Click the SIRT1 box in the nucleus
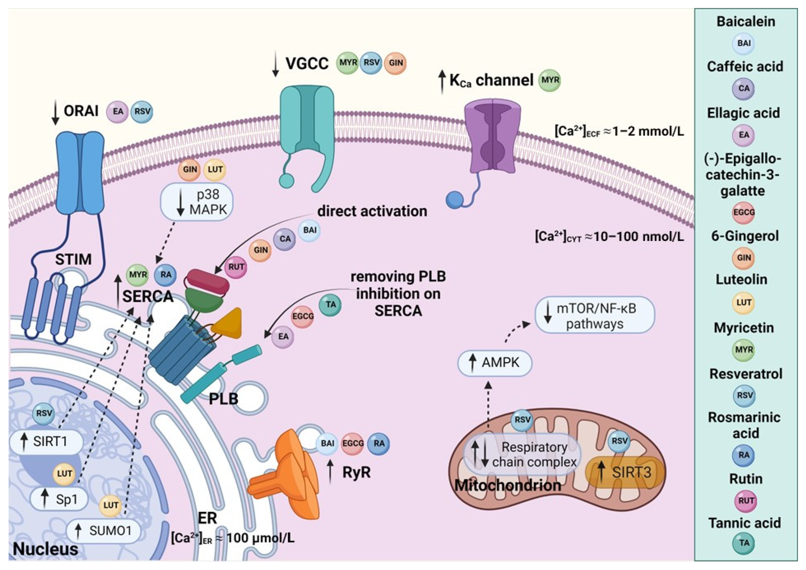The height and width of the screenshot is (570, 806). [46, 441]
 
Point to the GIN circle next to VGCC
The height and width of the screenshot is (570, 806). [396, 63]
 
